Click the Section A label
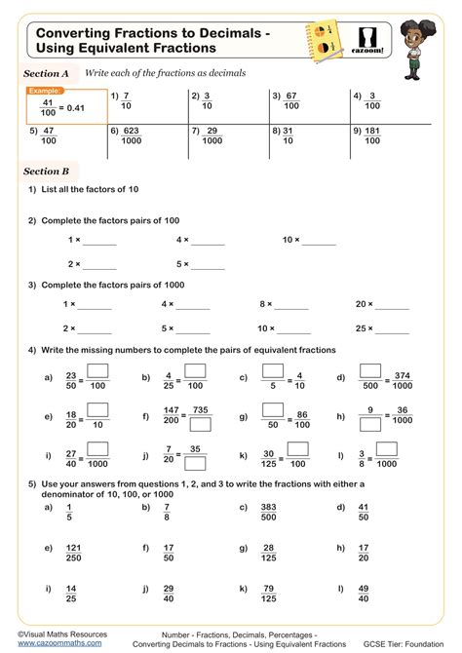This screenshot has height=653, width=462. [46, 73]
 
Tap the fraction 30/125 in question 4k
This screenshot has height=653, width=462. [269, 454]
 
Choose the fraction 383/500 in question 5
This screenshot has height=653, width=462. [269, 514]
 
